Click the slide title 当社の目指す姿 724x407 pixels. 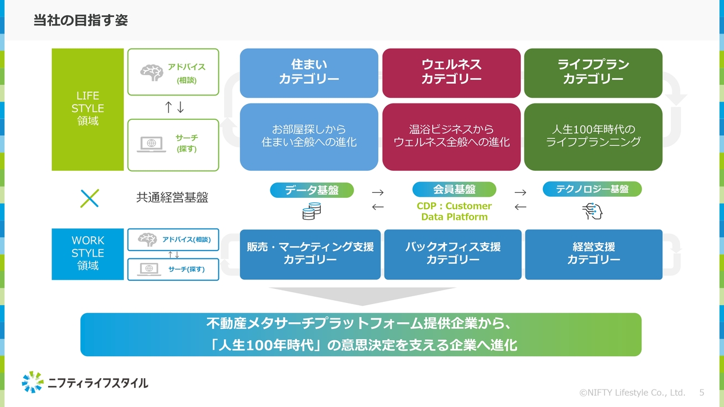(80, 20)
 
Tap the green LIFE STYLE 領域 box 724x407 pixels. (88, 109)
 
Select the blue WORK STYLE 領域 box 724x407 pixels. (88, 254)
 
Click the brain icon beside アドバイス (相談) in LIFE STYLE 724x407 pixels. (151, 73)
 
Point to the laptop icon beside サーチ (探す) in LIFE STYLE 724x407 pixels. (151, 144)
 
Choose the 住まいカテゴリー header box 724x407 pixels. (309, 72)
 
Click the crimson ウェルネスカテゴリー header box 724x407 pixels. (451, 72)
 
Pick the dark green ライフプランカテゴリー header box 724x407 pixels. (593, 72)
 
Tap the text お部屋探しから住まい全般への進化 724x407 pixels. (309, 136)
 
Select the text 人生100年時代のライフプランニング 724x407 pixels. (593, 136)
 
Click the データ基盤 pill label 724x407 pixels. (312, 190)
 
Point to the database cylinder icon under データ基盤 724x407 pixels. (311, 211)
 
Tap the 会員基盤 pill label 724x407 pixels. (454, 189)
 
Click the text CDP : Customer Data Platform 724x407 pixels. (454, 211)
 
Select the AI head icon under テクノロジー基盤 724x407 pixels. (592, 211)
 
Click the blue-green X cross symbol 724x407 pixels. (89, 198)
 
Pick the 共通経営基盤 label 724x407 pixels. (172, 198)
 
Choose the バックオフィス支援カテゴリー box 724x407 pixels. (453, 254)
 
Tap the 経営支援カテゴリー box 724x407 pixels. (593, 254)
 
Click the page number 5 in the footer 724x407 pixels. (702, 392)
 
